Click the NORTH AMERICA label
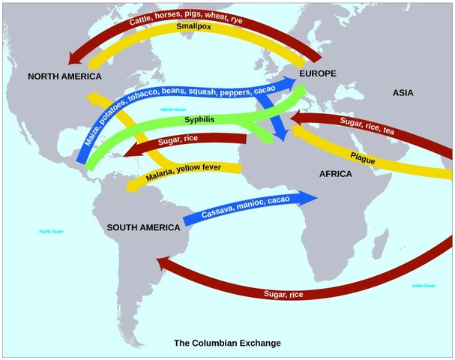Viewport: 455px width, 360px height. point(64,76)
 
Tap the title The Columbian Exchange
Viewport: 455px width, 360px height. point(227,343)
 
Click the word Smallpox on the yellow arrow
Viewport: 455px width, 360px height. point(193,27)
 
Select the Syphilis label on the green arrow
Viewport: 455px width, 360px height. point(199,121)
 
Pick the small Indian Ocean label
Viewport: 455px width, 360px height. point(424,286)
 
